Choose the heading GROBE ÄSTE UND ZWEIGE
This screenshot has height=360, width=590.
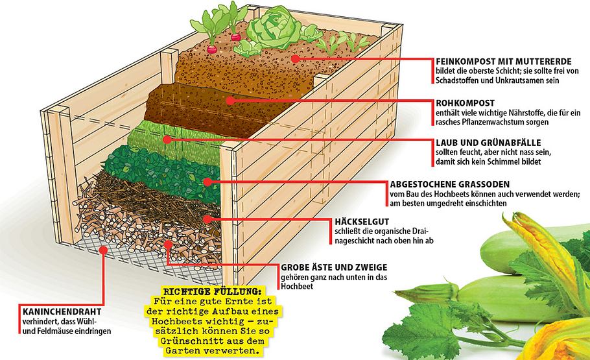[333, 267]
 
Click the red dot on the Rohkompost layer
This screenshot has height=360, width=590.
[231, 101]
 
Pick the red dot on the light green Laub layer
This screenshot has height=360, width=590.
[167, 139]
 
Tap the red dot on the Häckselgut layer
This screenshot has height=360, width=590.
[206, 219]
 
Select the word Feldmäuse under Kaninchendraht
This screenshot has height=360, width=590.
[51, 331]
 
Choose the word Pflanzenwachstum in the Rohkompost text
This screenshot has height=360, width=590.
[486, 121]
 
